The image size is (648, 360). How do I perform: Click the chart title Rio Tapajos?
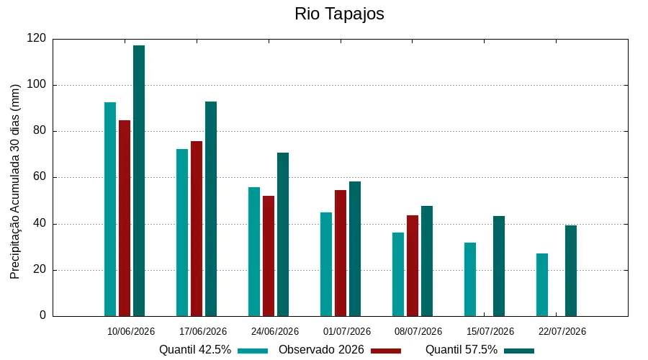(x=339, y=14)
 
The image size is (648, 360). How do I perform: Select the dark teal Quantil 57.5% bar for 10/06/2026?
(x=139, y=181)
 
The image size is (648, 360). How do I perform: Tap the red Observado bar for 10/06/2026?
(x=125, y=218)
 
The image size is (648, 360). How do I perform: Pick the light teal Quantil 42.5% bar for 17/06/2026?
(x=182, y=233)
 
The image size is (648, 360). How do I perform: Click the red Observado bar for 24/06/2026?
(x=269, y=256)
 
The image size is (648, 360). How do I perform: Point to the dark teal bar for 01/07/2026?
(x=354, y=249)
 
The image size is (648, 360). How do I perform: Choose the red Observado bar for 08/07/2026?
(x=413, y=266)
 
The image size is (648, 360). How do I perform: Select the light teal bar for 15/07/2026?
(x=470, y=279)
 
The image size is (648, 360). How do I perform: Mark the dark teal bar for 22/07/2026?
(x=571, y=271)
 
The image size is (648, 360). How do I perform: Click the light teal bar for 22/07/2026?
(x=542, y=285)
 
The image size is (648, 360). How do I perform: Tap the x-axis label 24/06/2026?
(x=275, y=331)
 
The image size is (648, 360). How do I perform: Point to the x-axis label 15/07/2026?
(x=490, y=331)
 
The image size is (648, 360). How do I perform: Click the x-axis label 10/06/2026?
(x=131, y=331)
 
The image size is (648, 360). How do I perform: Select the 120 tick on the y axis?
(x=37, y=38)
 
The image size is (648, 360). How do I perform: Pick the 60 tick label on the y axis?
(x=40, y=177)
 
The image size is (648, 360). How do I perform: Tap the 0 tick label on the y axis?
(x=43, y=315)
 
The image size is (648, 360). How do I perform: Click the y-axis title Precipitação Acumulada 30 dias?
(x=15, y=182)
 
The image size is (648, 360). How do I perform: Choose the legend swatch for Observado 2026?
(x=386, y=351)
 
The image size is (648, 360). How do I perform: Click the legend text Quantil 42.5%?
(x=195, y=350)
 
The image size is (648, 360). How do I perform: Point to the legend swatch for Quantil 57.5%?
(x=519, y=351)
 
